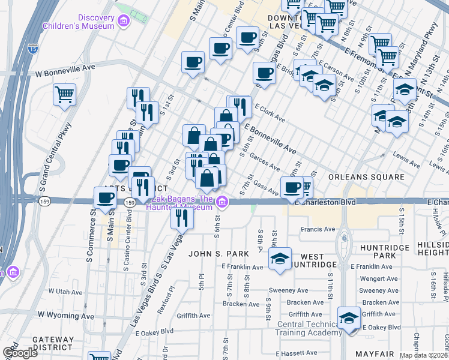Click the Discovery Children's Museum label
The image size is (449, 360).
pyautogui.click(x=79, y=22)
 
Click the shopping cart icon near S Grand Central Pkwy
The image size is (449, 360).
pyautogui.click(x=64, y=94)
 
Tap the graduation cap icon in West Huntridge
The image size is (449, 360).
pyautogui.click(x=280, y=258)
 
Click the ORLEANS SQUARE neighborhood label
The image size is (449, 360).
pyautogui.click(x=366, y=177)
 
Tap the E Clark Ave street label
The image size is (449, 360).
pyautogui.click(x=270, y=112)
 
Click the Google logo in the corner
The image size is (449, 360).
pyautogui.click(x=20, y=353)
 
